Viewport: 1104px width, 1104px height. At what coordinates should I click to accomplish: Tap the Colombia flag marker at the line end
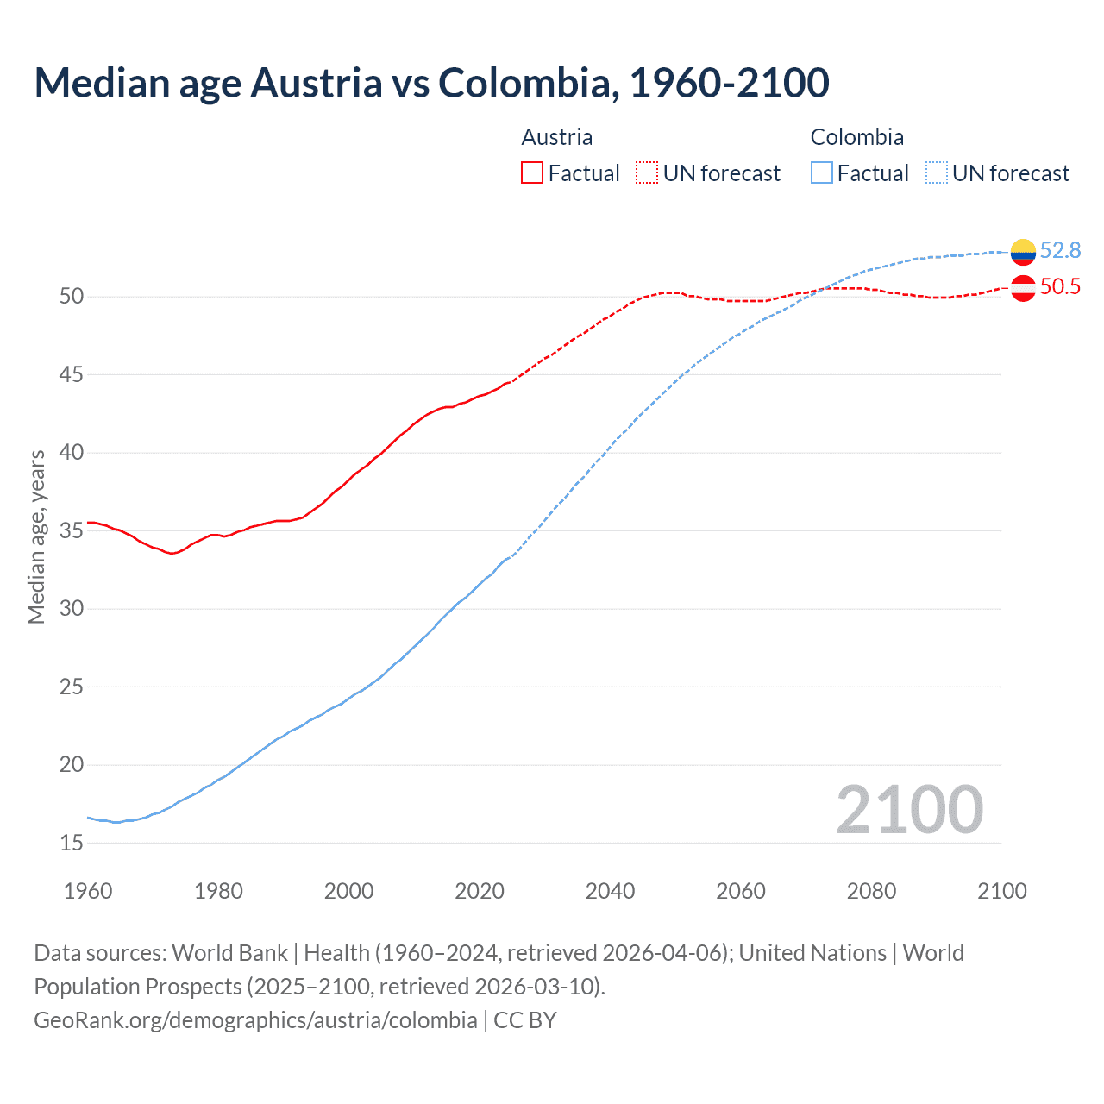tap(1023, 251)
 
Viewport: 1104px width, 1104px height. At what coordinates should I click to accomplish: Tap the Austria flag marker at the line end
tap(1023, 287)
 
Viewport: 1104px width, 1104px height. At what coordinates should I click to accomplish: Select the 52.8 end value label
tap(1060, 250)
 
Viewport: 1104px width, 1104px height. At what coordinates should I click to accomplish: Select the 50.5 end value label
tap(1060, 286)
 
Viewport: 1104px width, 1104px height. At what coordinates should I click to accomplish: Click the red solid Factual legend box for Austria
tap(532, 173)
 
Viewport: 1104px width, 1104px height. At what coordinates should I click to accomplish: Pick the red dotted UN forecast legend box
tap(647, 173)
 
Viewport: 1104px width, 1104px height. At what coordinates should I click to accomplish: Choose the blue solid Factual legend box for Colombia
tap(822, 173)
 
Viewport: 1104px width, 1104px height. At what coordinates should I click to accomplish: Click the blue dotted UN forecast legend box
tap(936, 173)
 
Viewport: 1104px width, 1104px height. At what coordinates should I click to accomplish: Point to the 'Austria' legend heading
tap(557, 137)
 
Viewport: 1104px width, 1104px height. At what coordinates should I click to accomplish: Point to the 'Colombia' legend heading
tap(856, 137)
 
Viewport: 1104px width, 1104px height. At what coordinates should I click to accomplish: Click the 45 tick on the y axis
tap(72, 374)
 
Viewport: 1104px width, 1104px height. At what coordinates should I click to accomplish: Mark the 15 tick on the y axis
tap(72, 843)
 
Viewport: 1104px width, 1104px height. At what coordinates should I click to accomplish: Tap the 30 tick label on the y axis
tap(72, 609)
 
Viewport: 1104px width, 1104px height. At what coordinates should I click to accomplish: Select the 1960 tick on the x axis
tap(88, 891)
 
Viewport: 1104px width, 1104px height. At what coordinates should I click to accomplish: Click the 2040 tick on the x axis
tap(610, 891)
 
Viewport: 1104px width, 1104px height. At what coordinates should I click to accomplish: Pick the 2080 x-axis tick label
tap(871, 891)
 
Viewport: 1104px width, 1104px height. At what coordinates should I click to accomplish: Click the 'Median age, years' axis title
tap(36, 536)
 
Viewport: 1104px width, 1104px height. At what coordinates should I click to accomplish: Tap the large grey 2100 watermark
tap(909, 810)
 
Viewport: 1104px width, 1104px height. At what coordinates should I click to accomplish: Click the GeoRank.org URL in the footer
tap(255, 1020)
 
